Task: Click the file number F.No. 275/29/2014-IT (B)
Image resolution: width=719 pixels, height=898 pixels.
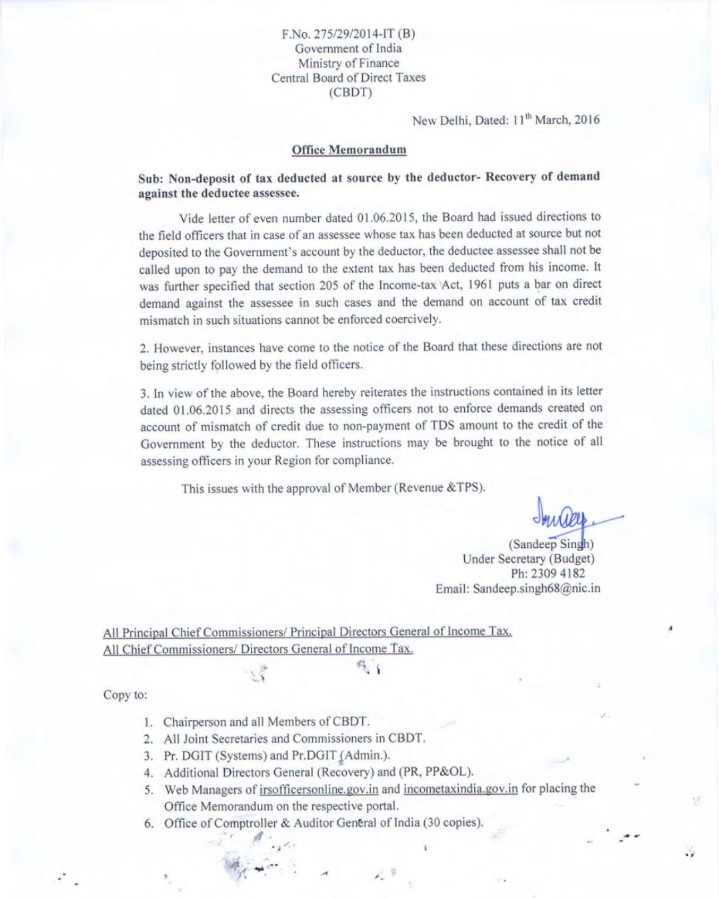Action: click(x=348, y=34)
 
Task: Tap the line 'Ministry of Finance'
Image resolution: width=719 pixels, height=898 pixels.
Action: click(x=348, y=63)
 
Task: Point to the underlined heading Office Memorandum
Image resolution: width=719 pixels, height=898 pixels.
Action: click(x=349, y=150)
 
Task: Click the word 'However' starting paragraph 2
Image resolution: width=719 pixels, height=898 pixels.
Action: click(x=177, y=348)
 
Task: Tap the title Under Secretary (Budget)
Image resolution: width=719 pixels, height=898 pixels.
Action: click(x=528, y=559)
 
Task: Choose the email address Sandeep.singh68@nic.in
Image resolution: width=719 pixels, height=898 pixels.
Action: click(x=536, y=589)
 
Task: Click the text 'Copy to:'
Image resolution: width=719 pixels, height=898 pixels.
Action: click(x=125, y=695)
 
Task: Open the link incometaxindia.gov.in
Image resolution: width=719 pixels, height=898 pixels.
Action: click(x=460, y=789)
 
